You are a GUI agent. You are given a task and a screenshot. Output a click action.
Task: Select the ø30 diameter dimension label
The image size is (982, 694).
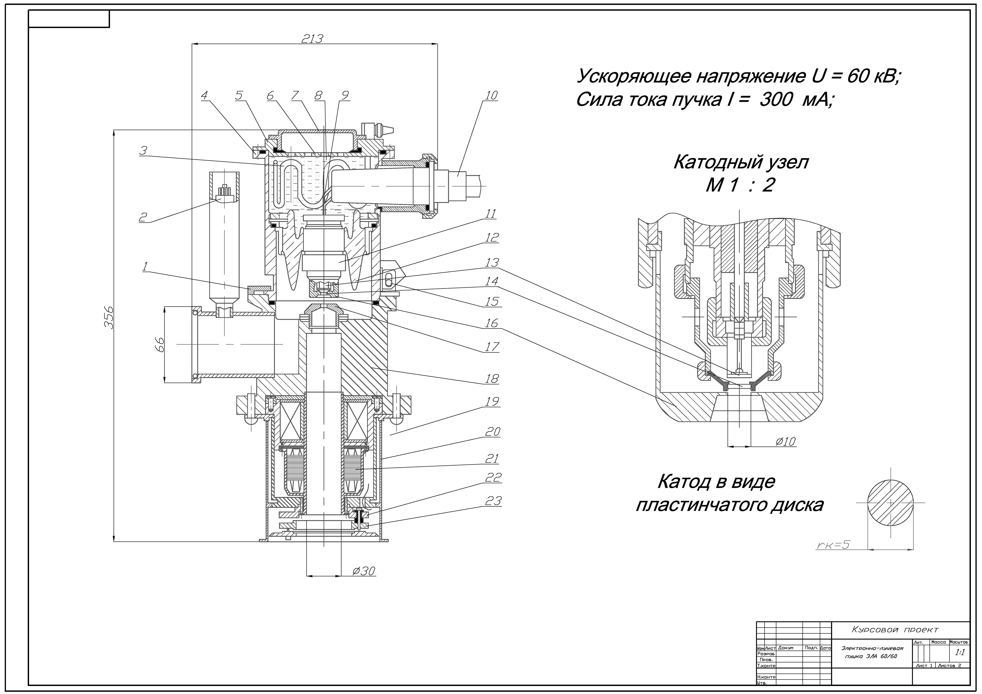pyautogui.click(x=364, y=571)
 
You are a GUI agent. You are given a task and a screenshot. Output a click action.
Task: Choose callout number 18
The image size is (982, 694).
pyautogui.click(x=492, y=378)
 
